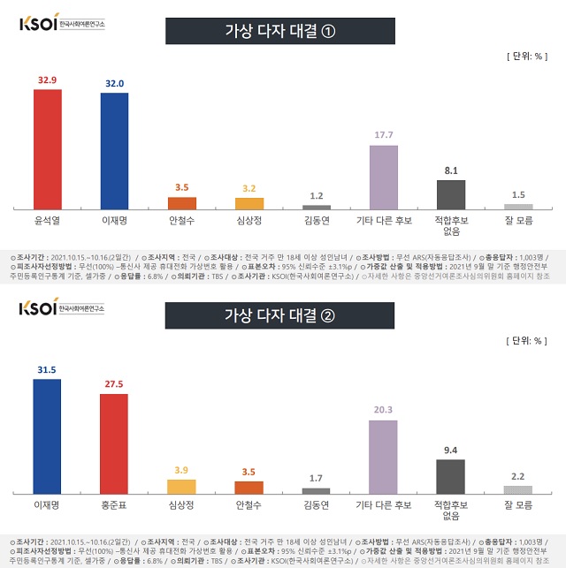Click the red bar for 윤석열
[x=47, y=148]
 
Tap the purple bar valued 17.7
[x=383, y=177]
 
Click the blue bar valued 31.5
[x=47, y=435]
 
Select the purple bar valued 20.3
[x=383, y=457]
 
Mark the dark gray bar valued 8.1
[x=450, y=194]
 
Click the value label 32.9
[x=47, y=80]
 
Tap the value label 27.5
[x=114, y=385]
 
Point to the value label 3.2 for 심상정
[x=249, y=188]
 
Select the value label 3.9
[x=181, y=471]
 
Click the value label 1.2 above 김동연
[x=316, y=196]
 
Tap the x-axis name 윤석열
[x=47, y=221]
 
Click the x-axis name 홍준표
[x=114, y=505]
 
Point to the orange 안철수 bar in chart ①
[x=181, y=202]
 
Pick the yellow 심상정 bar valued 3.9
[x=181, y=486]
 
